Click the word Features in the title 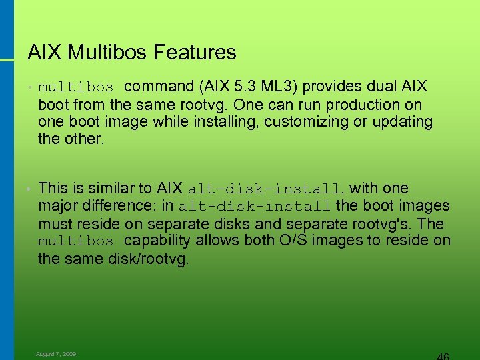point(198,52)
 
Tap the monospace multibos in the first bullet point(76,87)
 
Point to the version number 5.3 point(250,87)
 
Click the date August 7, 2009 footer point(56,354)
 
